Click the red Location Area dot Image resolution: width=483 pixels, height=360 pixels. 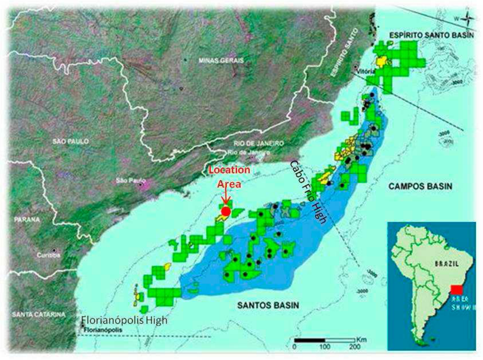click(x=226, y=212)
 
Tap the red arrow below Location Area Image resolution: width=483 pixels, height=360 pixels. click(x=226, y=197)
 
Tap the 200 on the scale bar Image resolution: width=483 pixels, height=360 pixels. click(x=354, y=346)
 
